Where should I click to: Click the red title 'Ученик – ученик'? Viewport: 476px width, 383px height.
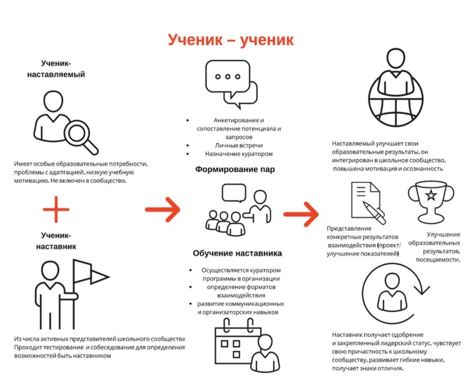[x=231, y=40]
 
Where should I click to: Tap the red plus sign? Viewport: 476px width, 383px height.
[x=56, y=209]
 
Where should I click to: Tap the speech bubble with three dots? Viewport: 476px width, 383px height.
[x=227, y=77]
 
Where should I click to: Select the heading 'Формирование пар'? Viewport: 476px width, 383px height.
[x=235, y=170]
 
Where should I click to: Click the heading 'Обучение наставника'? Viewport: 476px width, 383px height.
[x=238, y=253]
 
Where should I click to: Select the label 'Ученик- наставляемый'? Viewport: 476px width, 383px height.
[x=56, y=69]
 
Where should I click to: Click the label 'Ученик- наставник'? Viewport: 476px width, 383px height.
[x=56, y=241]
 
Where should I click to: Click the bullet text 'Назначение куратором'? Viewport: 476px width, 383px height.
[x=238, y=154]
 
